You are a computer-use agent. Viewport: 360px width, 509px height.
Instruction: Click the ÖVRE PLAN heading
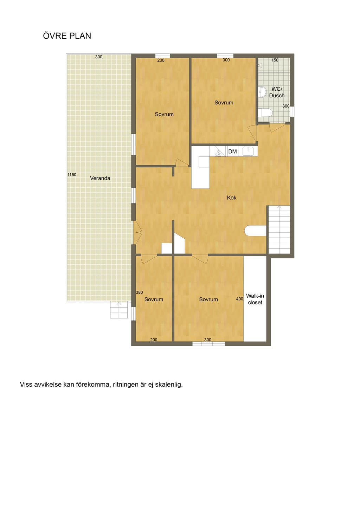click(x=67, y=36)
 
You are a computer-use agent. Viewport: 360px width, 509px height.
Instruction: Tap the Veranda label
click(x=100, y=178)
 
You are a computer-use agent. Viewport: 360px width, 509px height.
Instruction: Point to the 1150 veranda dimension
click(x=72, y=174)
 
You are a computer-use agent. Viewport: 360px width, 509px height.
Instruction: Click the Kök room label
click(x=232, y=198)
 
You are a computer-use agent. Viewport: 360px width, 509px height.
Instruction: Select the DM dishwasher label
click(x=232, y=152)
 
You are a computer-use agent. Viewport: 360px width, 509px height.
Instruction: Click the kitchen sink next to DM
click(x=248, y=151)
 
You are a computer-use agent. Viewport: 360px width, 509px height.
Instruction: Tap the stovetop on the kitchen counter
click(x=219, y=151)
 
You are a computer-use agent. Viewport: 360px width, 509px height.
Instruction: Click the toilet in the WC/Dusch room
click(x=265, y=113)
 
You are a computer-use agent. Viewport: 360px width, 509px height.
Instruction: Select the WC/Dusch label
click(x=277, y=92)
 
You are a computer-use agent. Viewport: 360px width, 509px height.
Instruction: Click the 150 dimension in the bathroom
click(x=275, y=60)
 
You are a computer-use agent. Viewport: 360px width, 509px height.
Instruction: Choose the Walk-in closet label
click(x=255, y=299)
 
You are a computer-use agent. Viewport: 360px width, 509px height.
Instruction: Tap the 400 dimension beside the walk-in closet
click(x=239, y=299)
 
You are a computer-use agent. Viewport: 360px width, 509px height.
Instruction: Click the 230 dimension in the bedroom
click(x=161, y=60)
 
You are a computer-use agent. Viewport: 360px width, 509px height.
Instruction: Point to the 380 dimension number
click(x=139, y=292)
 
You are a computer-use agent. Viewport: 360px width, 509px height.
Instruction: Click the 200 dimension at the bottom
click(x=154, y=340)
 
